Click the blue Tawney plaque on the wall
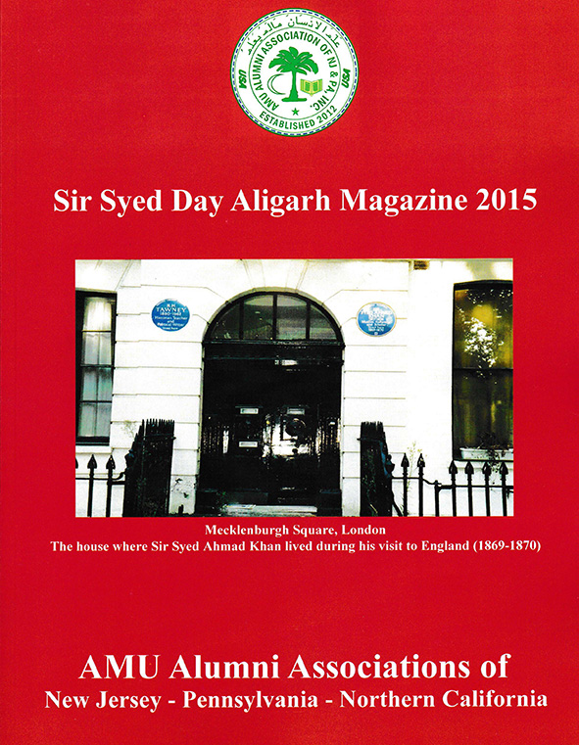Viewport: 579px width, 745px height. coord(169,315)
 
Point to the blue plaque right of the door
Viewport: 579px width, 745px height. coord(375,318)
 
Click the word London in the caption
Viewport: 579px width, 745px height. coord(349,530)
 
